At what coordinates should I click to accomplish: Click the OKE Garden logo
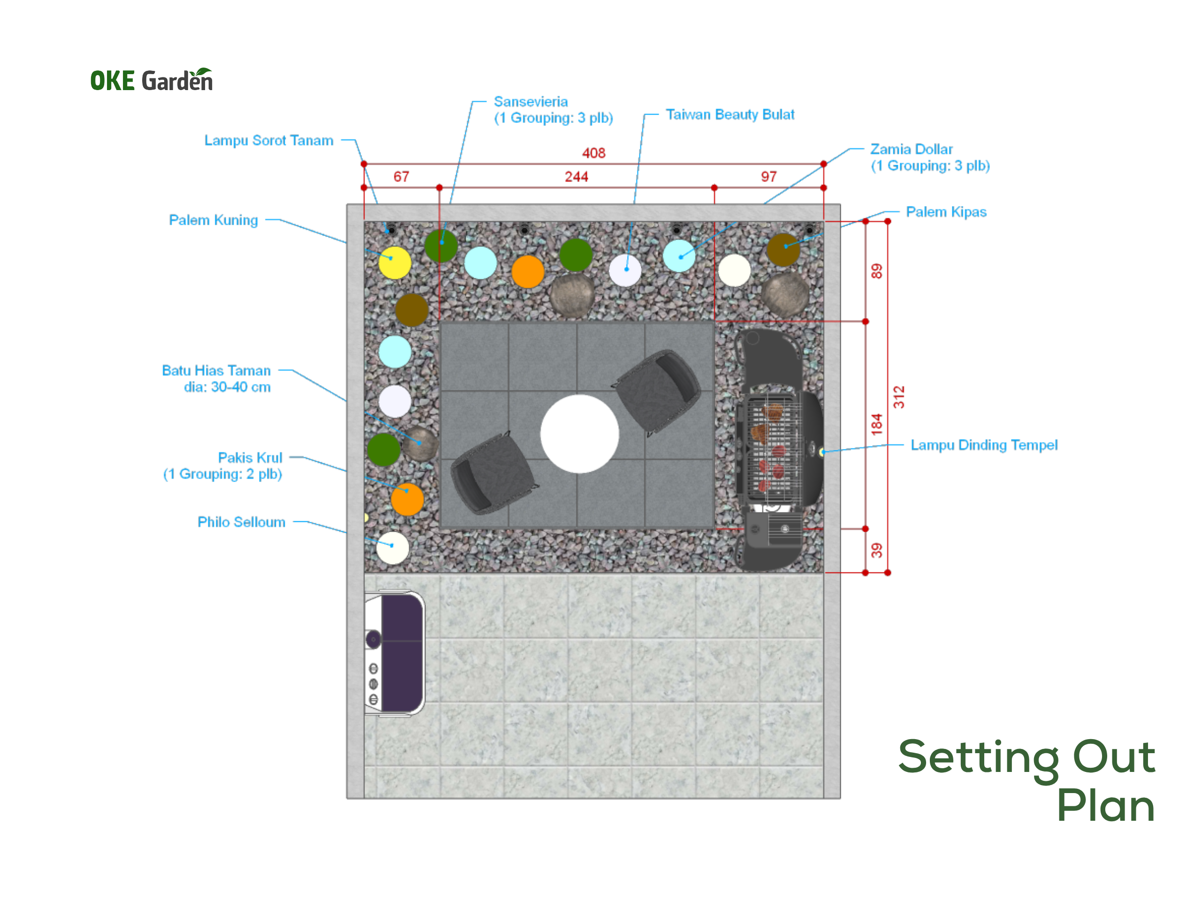pos(152,79)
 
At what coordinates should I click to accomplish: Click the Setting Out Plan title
pos(1026,780)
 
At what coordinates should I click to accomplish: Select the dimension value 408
pos(593,153)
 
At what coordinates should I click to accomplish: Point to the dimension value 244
pos(576,176)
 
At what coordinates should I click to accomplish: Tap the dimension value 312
pos(899,397)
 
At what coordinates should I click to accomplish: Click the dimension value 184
pos(877,425)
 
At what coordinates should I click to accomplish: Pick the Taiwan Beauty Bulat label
pos(730,115)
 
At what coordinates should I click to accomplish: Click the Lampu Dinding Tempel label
pos(984,445)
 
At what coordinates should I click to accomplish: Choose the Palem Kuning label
pos(213,220)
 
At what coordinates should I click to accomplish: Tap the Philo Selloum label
pos(241,522)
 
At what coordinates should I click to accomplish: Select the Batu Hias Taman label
pos(216,379)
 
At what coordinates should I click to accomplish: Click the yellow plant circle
pos(395,263)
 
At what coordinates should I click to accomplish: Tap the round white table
pos(579,434)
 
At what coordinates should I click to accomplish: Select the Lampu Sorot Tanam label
pos(269,140)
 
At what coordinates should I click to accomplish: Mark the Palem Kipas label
pos(946,212)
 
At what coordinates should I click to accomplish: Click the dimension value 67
pos(401,176)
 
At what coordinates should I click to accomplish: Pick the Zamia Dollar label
pos(930,157)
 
